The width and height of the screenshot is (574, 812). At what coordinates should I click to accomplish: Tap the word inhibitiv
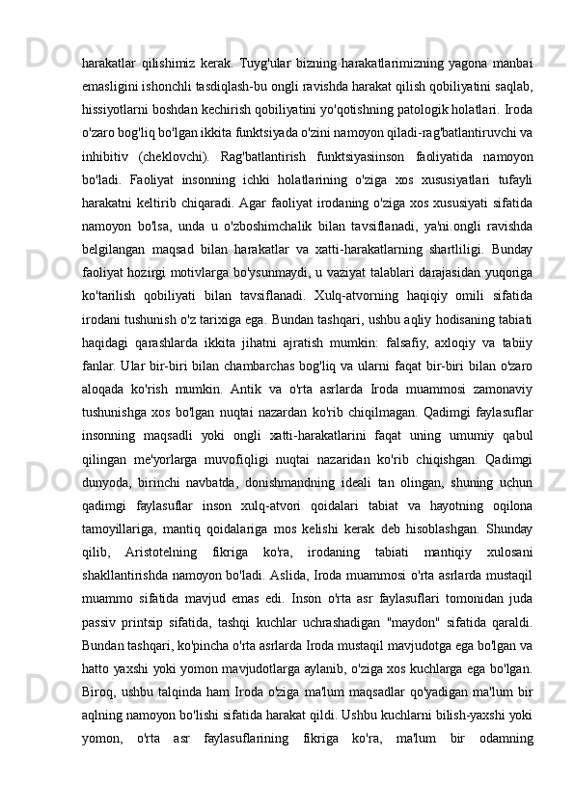click(x=109, y=156)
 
